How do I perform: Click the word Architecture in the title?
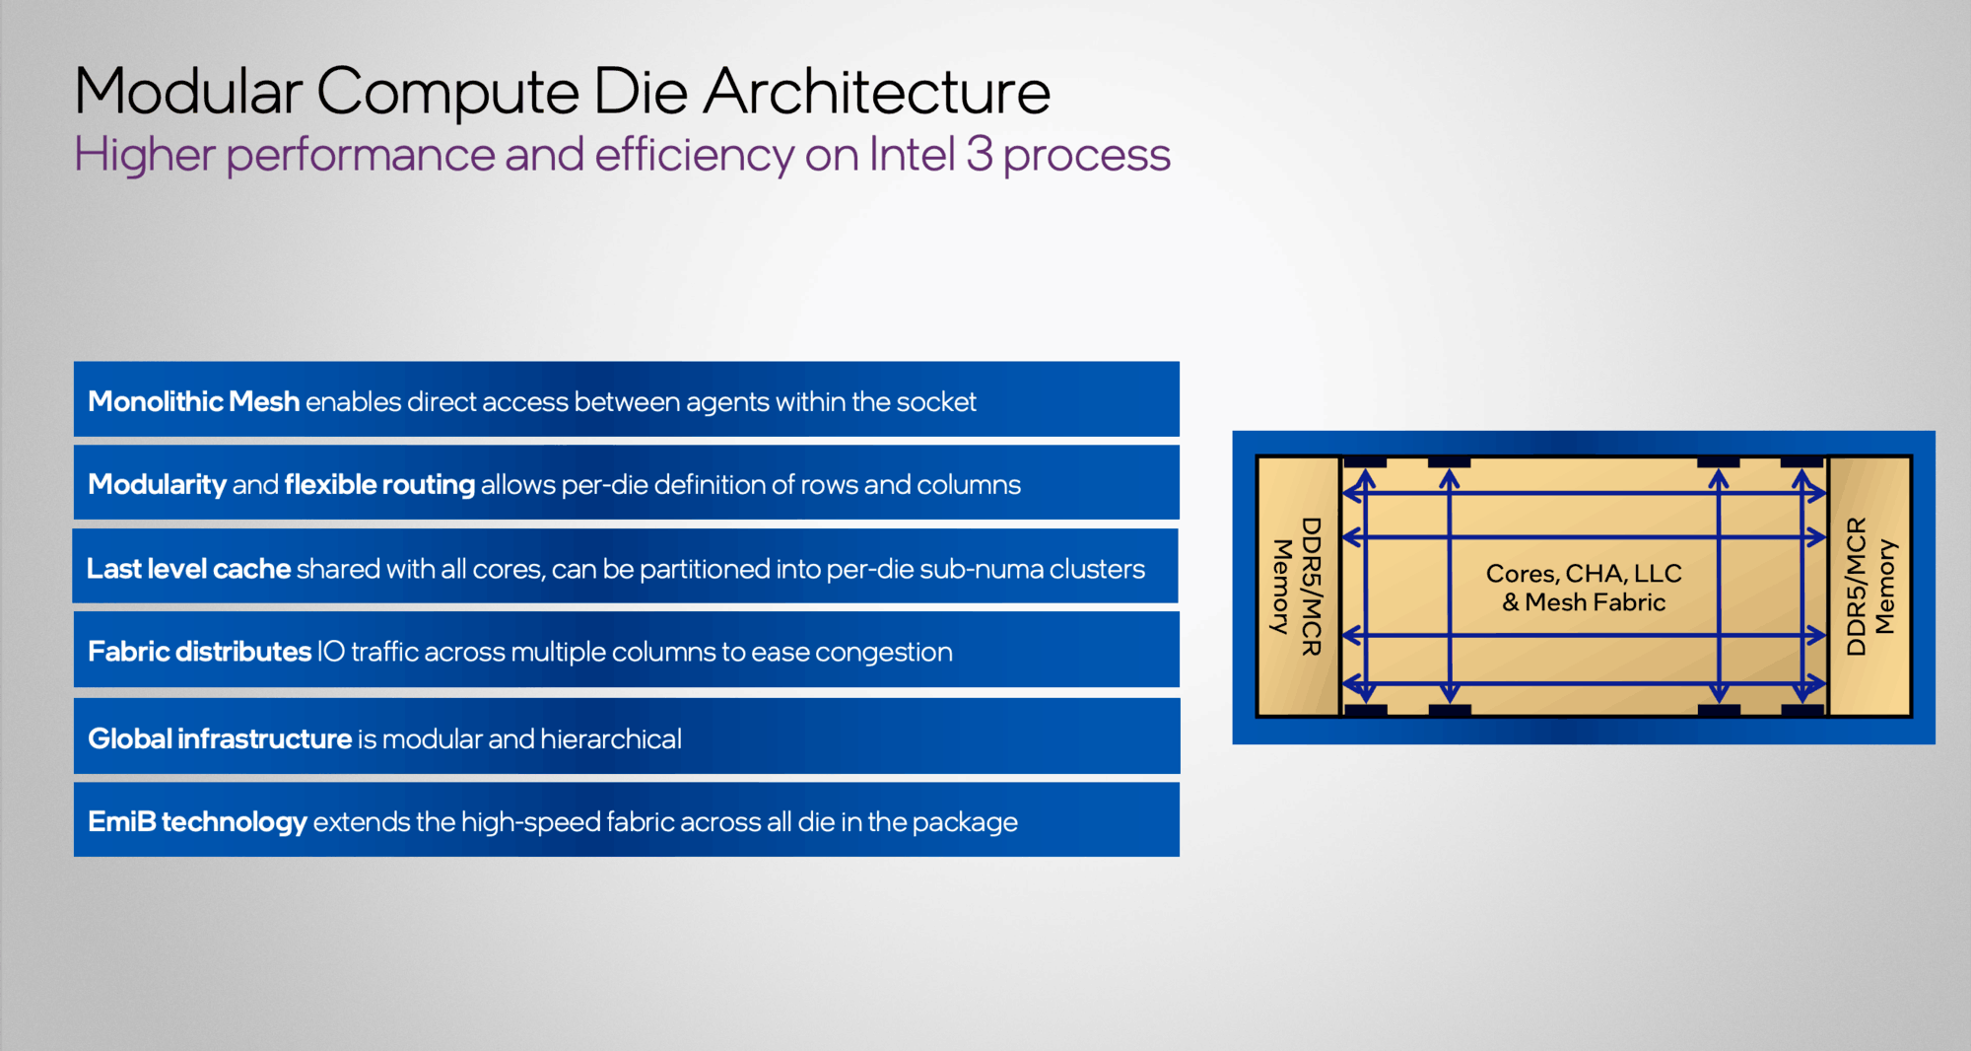pos(877,92)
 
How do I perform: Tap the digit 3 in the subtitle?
pos(979,155)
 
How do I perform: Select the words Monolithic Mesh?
pos(193,402)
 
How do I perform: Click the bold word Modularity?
pos(157,485)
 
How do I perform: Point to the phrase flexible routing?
pos(379,485)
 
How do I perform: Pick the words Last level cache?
pos(188,569)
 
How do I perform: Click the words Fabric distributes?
pos(199,652)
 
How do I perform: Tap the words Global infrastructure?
pos(220,739)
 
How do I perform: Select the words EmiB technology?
pos(197,822)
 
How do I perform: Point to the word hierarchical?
pos(611,739)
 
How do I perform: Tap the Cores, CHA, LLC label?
pos(1584,573)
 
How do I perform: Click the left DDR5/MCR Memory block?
pos(1297,587)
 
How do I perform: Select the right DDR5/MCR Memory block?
pos(1869,587)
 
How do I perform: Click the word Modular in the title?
pos(188,92)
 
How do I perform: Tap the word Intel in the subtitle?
pos(912,155)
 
